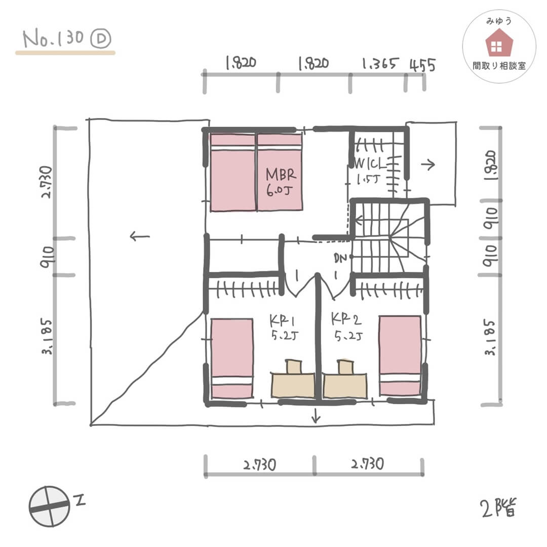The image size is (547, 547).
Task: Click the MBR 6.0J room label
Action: pyautogui.click(x=281, y=182)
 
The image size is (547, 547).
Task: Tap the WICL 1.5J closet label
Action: pyautogui.click(x=370, y=171)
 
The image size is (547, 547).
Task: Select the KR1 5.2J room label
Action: pyautogui.click(x=284, y=327)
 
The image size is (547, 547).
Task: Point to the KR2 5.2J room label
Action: pyautogui.click(x=347, y=327)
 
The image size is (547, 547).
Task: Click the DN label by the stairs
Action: pyautogui.click(x=340, y=258)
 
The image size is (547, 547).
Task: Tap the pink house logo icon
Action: pyautogui.click(x=499, y=43)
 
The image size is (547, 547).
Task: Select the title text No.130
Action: pyautogui.click(x=53, y=38)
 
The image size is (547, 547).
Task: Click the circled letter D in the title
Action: pyautogui.click(x=101, y=38)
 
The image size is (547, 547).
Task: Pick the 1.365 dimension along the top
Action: pyautogui.click(x=379, y=64)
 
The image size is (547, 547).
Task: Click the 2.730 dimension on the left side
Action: pyautogui.click(x=47, y=182)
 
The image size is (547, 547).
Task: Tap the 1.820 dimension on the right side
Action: pyautogui.click(x=490, y=165)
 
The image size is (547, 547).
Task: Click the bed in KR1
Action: pyautogui.click(x=232, y=358)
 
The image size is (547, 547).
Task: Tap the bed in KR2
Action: pyautogui.click(x=400, y=356)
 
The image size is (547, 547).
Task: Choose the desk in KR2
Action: pyautogui.click(x=345, y=386)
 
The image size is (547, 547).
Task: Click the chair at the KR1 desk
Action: pyautogui.click(x=293, y=367)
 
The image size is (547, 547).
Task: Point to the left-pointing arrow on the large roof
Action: pyautogui.click(x=140, y=237)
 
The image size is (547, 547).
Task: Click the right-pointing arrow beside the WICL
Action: pyautogui.click(x=428, y=164)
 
